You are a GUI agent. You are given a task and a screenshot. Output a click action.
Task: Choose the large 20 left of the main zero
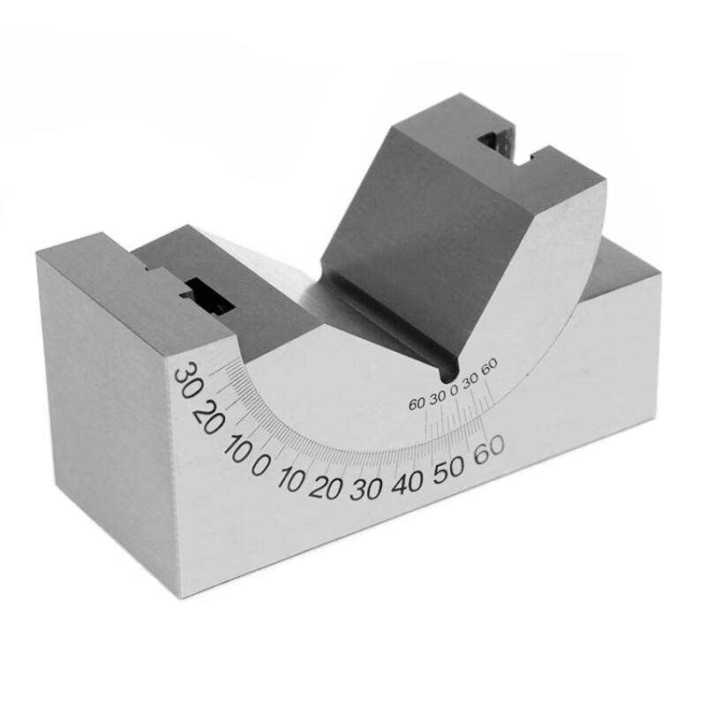point(207,417)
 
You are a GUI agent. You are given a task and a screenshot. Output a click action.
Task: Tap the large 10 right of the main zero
point(291,478)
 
